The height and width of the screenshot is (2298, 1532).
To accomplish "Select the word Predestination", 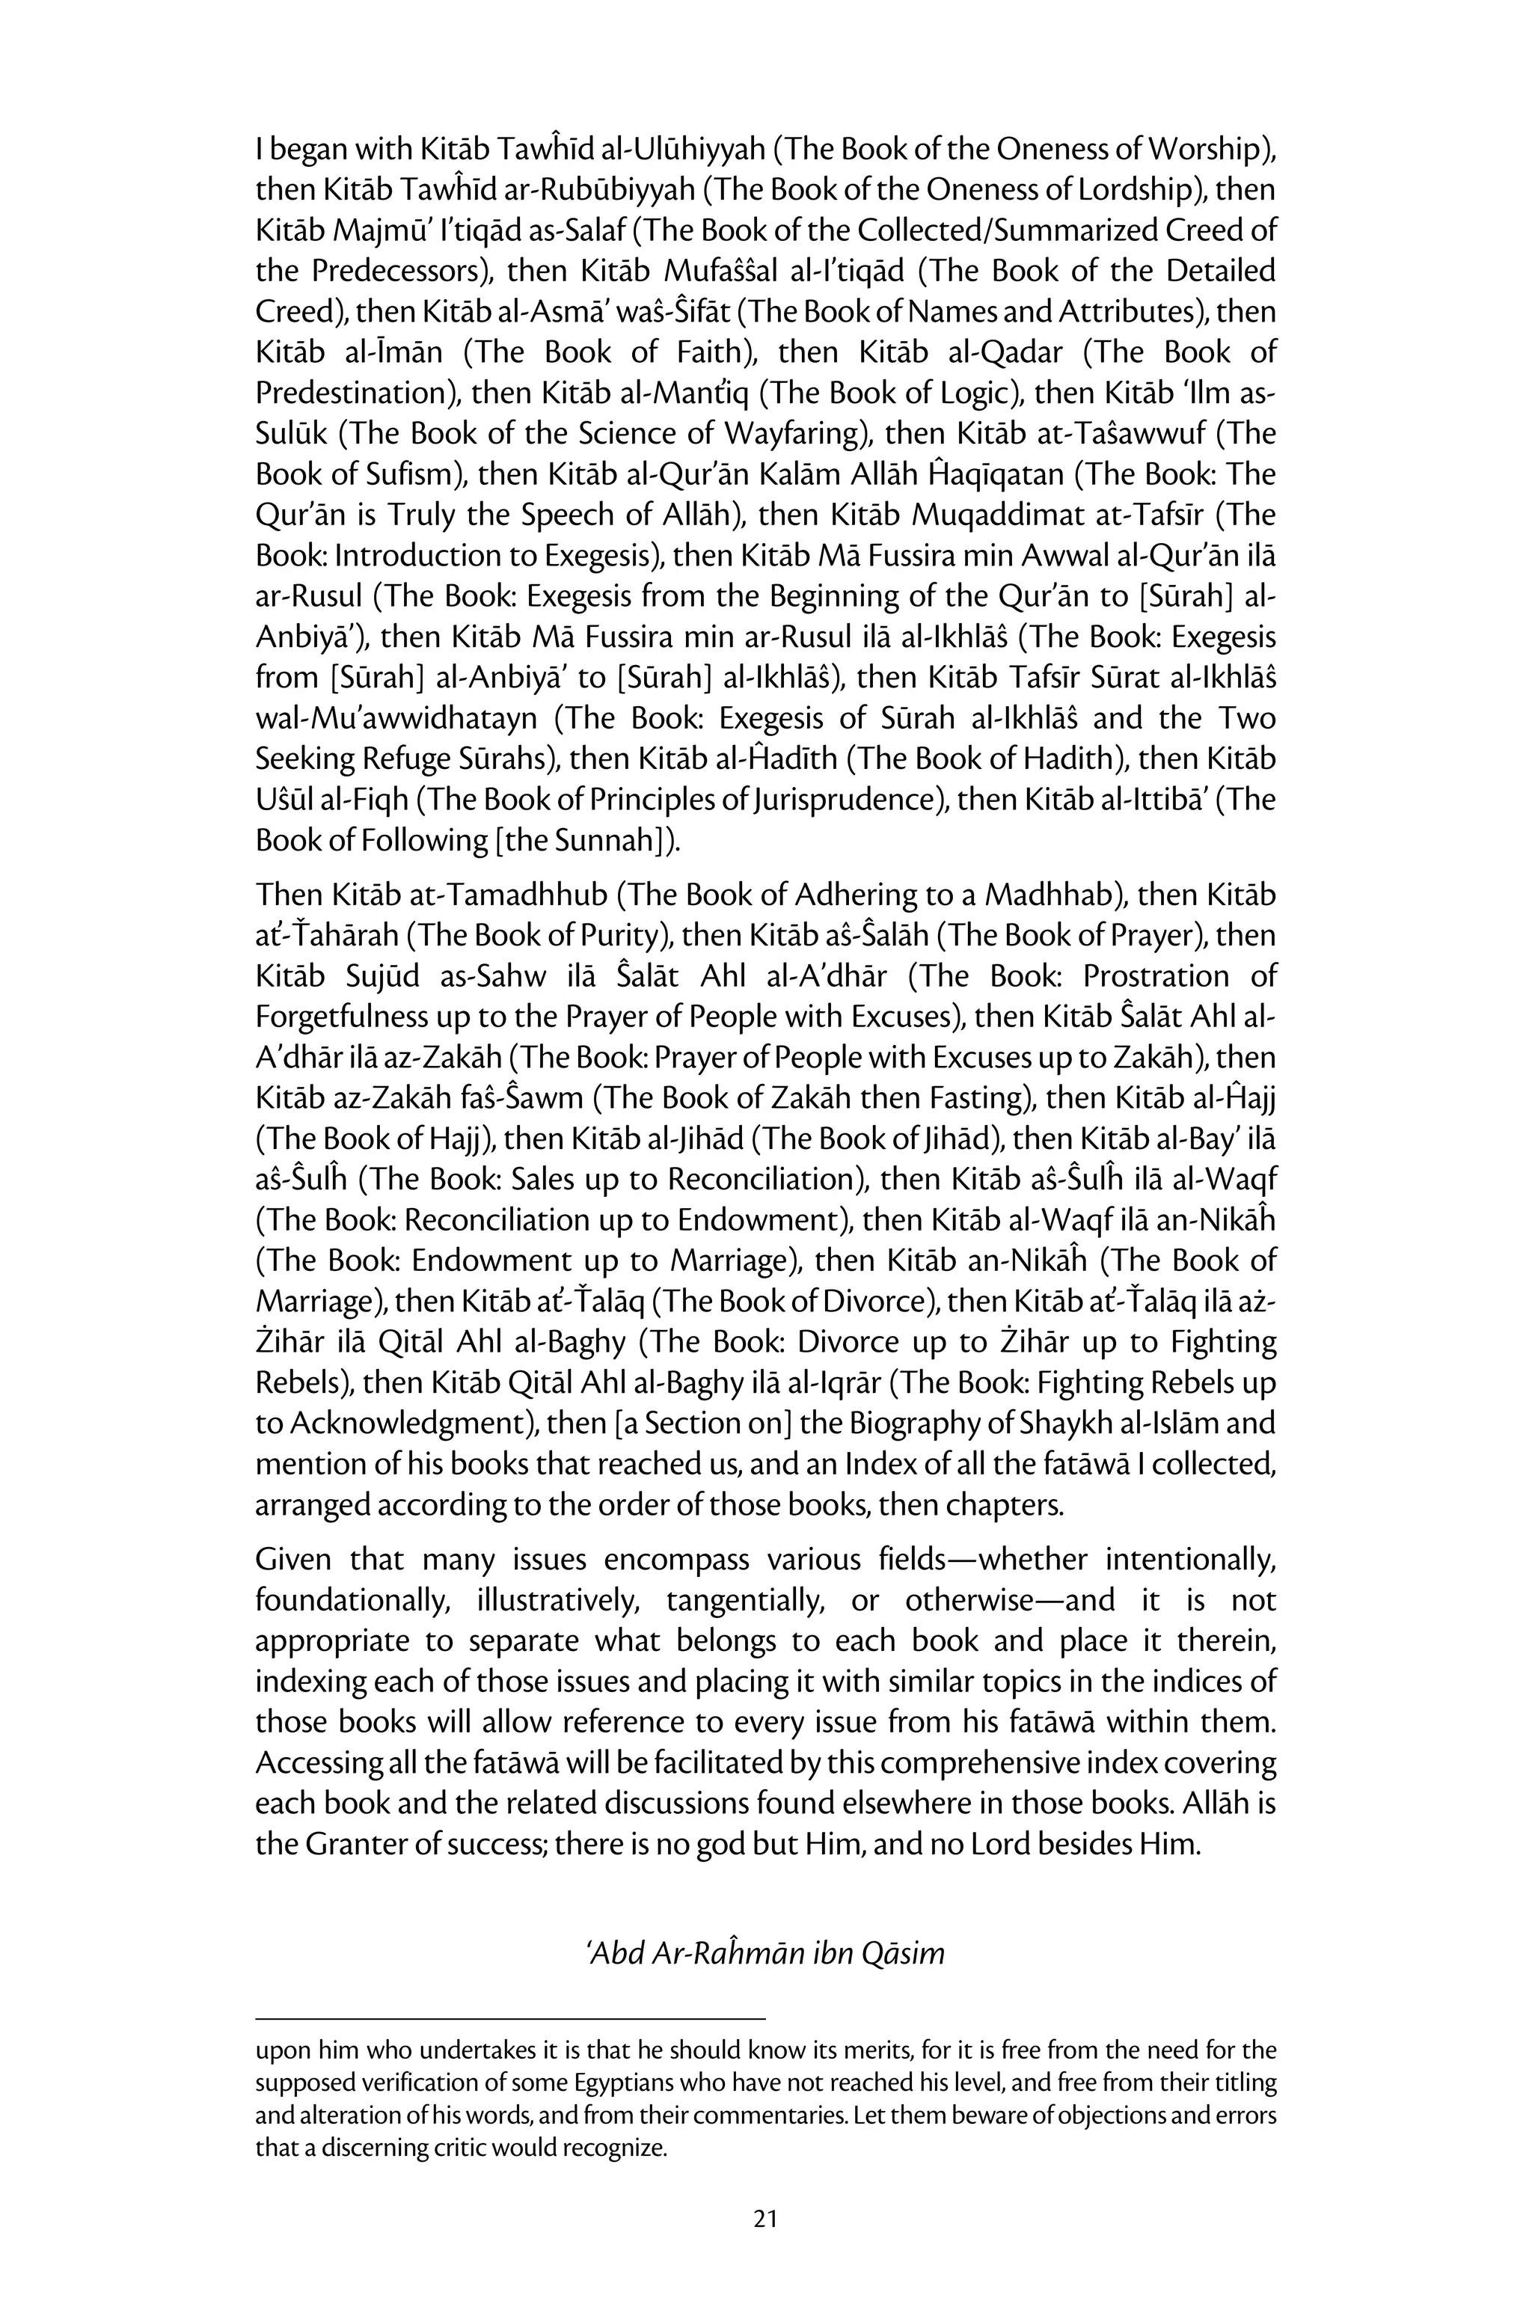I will click(x=358, y=393).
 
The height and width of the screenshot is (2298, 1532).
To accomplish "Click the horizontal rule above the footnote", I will click(x=510, y=2016).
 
